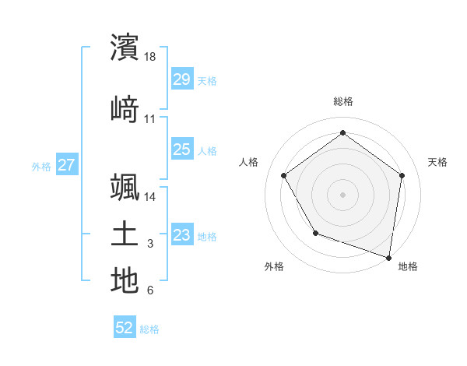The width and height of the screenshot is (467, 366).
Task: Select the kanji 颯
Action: (x=125, y=187)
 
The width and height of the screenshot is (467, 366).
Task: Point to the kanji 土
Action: (x=125, y=234)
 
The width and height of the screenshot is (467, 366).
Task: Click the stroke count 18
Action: (x=151, y=57)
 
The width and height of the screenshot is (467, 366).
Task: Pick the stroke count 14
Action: (x=151, y=197)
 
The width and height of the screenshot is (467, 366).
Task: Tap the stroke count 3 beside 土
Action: (x=150, y=245)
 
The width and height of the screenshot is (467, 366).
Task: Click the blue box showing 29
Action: (x=181, y=79)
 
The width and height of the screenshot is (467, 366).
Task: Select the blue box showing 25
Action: (x=181, y=150)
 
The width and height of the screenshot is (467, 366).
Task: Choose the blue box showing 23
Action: (x=181, y=235)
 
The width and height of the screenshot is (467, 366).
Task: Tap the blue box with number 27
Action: (x=67, y=165)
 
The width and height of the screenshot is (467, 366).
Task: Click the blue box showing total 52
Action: (x=125, y=329)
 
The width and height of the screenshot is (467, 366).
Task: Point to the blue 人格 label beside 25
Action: (x=207, y=150)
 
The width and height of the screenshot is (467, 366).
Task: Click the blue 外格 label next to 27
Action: (x=41, y=166)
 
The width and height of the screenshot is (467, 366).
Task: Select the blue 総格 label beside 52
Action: (x=149, y=329)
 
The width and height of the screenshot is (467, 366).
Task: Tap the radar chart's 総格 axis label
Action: (x=343, y=101)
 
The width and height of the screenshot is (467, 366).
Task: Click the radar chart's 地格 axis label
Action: (x=408, y=266)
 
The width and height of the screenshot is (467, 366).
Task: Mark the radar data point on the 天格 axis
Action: (x=402, y=175)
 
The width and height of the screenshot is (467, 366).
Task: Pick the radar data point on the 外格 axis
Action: (x=315, y=233)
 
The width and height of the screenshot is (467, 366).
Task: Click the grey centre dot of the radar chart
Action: (x=343, y=194)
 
